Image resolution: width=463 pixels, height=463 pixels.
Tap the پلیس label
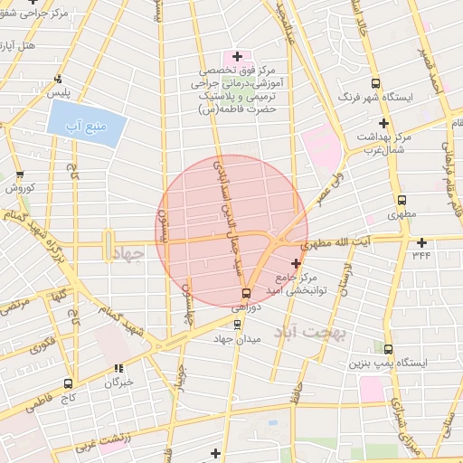tap(59, 93)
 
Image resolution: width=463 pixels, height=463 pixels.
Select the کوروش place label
tap(20, 188)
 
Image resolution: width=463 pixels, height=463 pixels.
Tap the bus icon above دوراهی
tap(246, 293)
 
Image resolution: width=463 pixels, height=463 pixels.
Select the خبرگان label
tap(118, 382)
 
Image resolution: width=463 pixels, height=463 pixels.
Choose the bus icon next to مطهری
tap(402, 201)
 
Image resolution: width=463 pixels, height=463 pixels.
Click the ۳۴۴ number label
tap(422, 256)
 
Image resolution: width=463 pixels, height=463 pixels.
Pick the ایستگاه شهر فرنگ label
tap(374, 96)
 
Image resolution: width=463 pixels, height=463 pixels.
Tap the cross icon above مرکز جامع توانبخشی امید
tap(296, 262)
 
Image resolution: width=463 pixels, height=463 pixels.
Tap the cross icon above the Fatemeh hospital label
tap(238, 56)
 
